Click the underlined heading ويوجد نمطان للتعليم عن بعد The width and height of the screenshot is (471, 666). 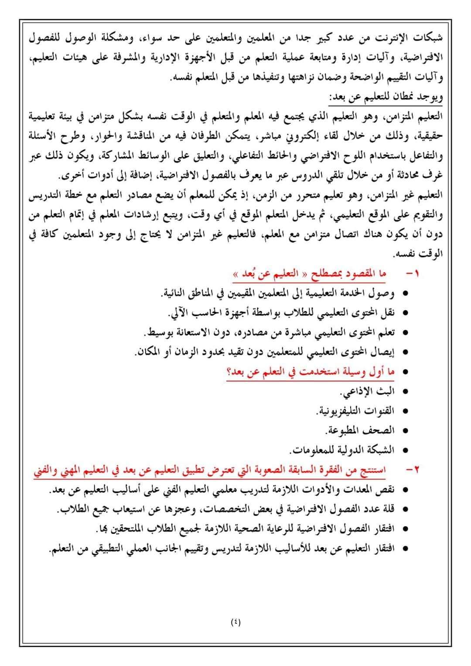click(x=386, y=97)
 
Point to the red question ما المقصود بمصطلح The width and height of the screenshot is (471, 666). click(x=310, y=274)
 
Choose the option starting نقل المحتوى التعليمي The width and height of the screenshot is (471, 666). click(x=281, y=313)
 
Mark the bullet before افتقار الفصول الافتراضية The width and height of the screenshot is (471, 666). click(x=405, y=529)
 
